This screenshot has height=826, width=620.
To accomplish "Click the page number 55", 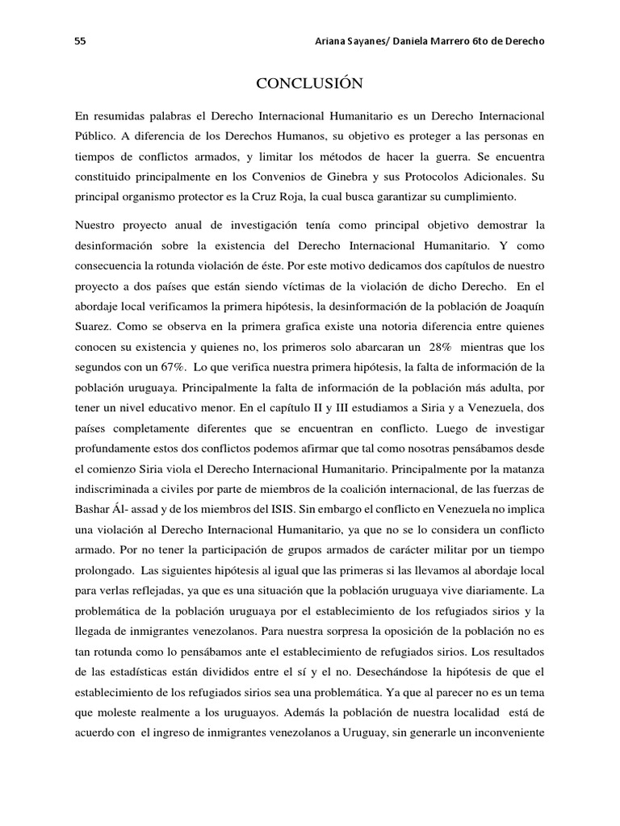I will pos(80,43).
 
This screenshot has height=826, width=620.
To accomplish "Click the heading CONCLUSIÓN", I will pos(309,83).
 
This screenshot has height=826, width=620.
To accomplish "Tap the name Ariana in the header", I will pos(333,43).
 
